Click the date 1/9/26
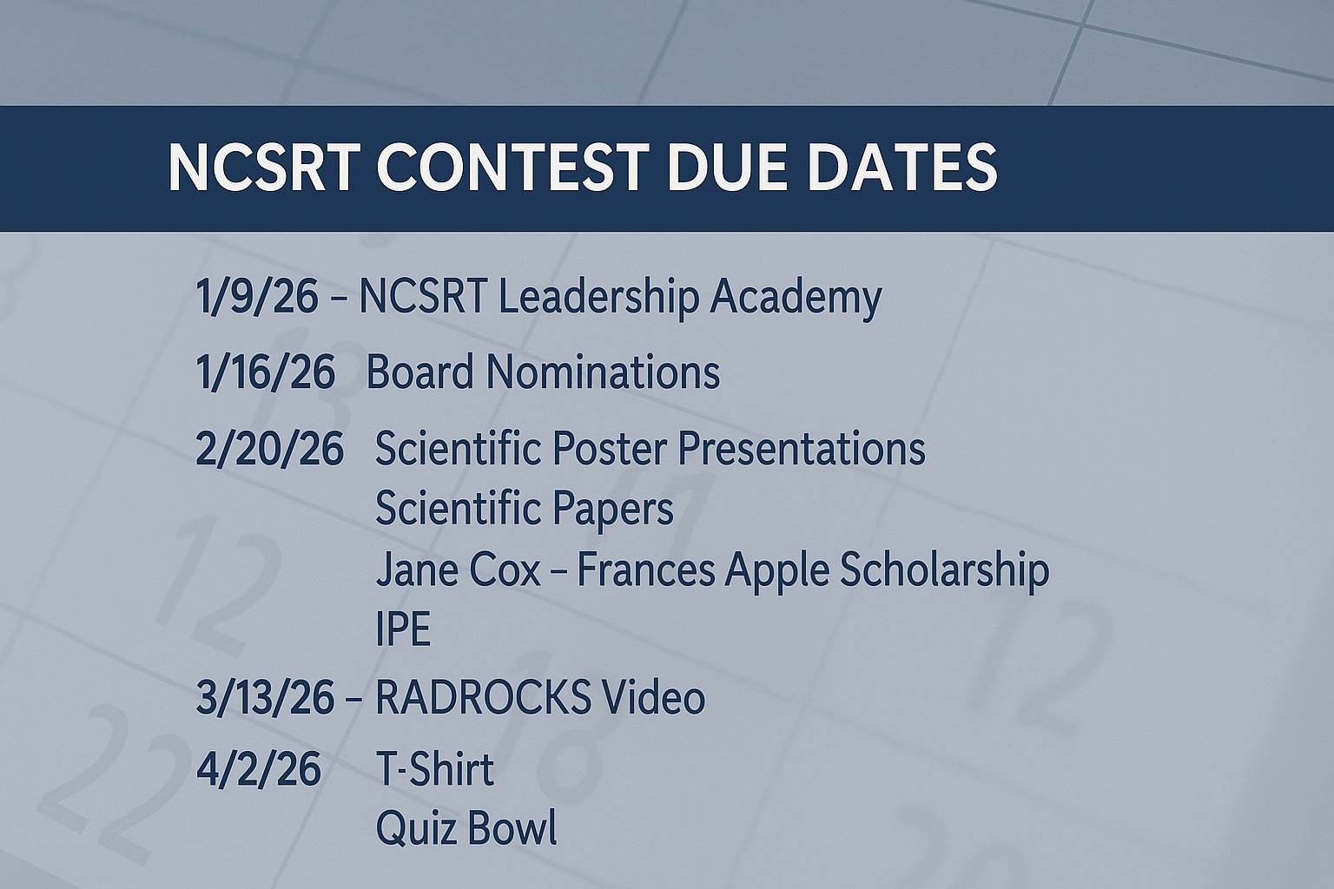tap(257, 297)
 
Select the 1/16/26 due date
tap(265, 372)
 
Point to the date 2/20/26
tap(269, 448)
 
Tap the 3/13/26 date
tap(264, 698)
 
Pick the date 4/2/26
tap(259, 768)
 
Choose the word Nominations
tap(603, 372)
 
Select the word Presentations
tap(802, 448)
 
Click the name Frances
tap(645, 570)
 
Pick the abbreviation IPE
tap(403, 629)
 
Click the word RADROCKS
tap(484, 698)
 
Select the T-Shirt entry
tap(435, 768)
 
